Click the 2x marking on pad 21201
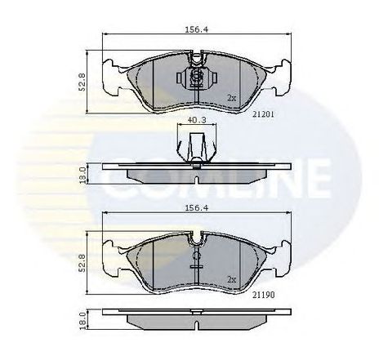[232, 97]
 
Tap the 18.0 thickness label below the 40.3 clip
[82, 176]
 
